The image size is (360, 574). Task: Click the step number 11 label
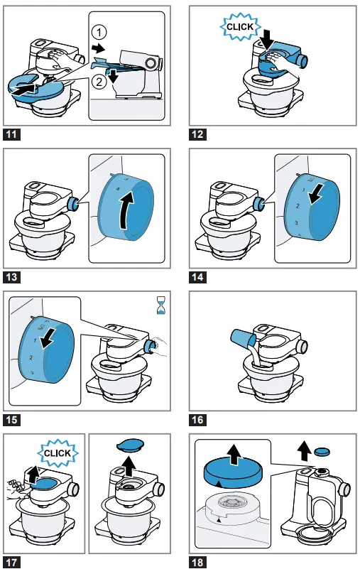click(x=11, y=134)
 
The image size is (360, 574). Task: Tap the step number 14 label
click(x=197, y=277)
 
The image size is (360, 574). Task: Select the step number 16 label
click(x=197, y=420)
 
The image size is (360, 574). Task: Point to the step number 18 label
click(x=197, y=562)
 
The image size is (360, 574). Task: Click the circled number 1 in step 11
click(x=99, y=32)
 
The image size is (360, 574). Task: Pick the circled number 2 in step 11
click(x=99, y=81)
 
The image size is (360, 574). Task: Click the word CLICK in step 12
click(x=240, y=27)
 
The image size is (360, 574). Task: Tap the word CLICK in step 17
click(x=58, y=453)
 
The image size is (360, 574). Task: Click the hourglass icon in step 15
click(x=160, y=306)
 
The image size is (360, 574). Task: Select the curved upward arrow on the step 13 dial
click(x=126, y=210)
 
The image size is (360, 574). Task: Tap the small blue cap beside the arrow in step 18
click(x=322, y=452)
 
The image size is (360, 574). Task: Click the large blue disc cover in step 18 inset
click(x=231, y=472)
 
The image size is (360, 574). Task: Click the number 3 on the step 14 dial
click(x=296, y=222)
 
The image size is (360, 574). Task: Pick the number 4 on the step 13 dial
click(x=118, y=189)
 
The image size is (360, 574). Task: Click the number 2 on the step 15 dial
click(x=31, y=357)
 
